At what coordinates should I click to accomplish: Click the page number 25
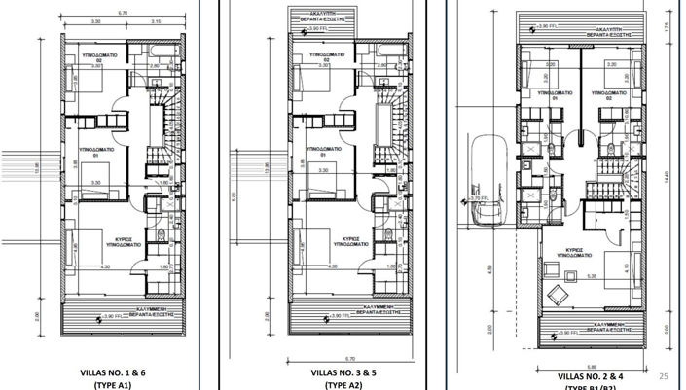coord(666,374)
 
